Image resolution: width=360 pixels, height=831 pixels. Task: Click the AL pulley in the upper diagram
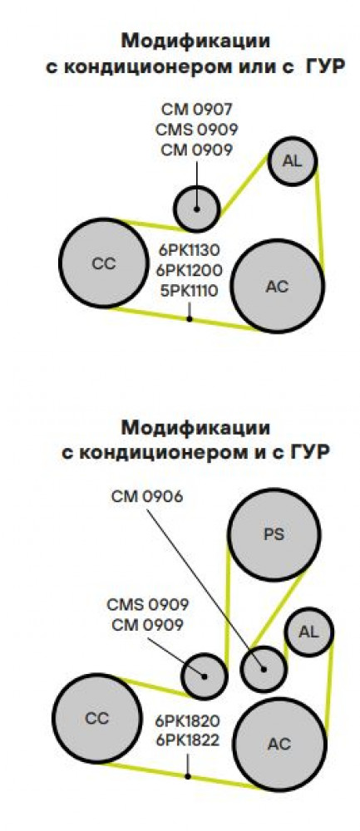pos(292,161)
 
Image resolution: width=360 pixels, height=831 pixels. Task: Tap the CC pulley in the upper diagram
pos(104,263)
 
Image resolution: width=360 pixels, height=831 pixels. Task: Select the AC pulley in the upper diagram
pos(278,286)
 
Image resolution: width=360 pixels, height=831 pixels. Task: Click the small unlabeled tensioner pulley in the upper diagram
pos(197,209)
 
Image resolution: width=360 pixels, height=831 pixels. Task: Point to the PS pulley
pos(274,534)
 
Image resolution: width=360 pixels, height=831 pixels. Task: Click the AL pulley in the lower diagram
pos(309,632)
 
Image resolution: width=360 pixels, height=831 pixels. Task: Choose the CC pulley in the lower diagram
pos(97,718)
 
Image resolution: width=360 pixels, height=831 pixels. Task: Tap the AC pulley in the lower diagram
pos(279,744)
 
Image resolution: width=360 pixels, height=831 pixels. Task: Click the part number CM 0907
pos(197,110)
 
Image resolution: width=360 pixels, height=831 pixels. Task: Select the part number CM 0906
pos(147,497)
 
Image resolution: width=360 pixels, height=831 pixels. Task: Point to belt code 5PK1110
pos(188,290)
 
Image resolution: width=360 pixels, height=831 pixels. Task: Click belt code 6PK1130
pos(188,249)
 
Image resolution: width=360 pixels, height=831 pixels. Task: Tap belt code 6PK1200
pos(189,270)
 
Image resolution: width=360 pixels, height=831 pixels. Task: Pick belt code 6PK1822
pos(187,740)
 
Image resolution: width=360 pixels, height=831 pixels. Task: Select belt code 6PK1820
pos(187,720)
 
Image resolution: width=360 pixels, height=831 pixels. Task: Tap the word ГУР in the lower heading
pos(311,453)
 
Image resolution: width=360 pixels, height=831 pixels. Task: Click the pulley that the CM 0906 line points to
pos(264,669)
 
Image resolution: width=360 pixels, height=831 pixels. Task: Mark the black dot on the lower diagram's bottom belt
pos(187,776)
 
